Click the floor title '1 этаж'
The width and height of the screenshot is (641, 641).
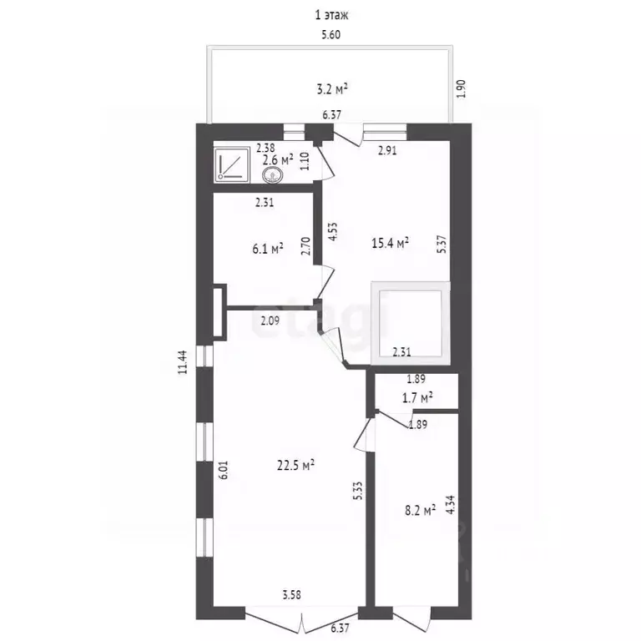pyautogui.click(x=331, y=16)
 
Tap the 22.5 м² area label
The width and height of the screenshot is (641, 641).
pyautogui.click(x=295, y=465)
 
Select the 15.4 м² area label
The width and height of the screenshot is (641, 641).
pyautogui.click(x=391, y=243)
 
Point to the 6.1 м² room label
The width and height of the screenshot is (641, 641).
pyautogui.click(x=268, y=249)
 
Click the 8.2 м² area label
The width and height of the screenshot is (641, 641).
pyautogui.click(x=421, y=510)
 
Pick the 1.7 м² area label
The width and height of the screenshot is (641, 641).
pyautogui.click(x=418, y=397)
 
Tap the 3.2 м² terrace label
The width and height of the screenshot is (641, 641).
pyautogui.click(x=332, y=89)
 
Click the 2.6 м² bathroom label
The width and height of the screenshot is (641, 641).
pyautogui.click(x=278, y=159)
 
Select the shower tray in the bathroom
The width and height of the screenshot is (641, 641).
pyautogui.click(x=232, y=164)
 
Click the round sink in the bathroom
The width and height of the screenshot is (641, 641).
pyautogui.click(x=272, y=176)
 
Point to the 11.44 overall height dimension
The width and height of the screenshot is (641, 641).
pyautogui.click(x=182, y=362)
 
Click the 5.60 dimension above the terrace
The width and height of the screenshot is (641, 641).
pyautogui.click(x=331, y=35)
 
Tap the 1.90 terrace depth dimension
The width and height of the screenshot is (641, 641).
pyautogui.click(x=461, y=88)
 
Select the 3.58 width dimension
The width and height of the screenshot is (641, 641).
pyautogui.click(x=292, y=595)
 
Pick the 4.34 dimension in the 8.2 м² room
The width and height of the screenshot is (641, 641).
pyautogui.click(x=451, y=504)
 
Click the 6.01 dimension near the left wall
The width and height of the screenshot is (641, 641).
pyautogui.click(x=223, y=471)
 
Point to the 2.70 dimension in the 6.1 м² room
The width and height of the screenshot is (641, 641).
pyautogui.click(x=305, y=246)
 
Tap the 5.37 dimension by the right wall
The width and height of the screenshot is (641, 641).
pyautogui.click(x=442, y=244)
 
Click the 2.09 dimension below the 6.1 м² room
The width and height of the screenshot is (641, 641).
pyautogui.click(x=270, y=320)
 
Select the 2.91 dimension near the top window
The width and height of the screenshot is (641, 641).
pyautogui.click(x=387, y=150)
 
